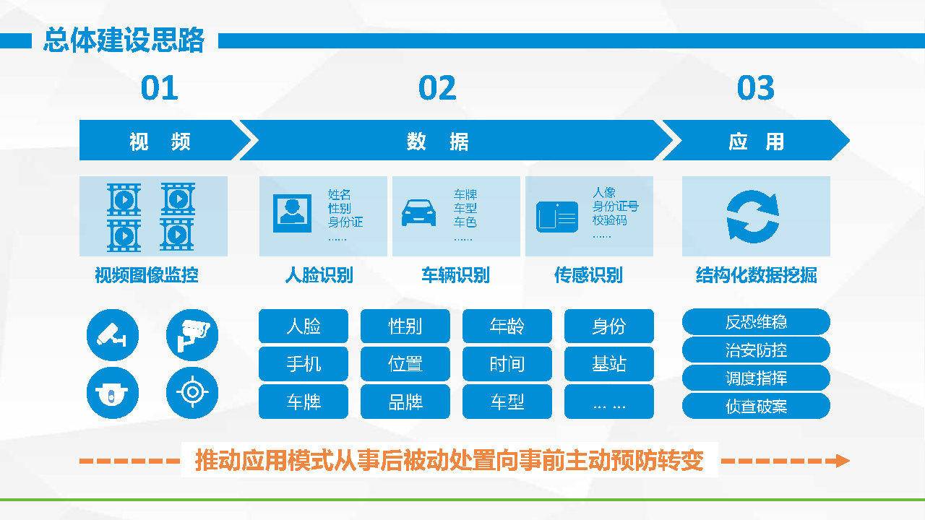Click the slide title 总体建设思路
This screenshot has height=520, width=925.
(x=124, y=40)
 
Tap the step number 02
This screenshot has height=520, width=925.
(x=437, y=88)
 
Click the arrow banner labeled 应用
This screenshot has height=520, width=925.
(x=756, y=140)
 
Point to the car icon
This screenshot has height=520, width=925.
(x=418, y=213)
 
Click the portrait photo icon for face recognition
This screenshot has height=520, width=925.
(x=293, y=213)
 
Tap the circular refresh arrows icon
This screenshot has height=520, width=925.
(x=753, y=216)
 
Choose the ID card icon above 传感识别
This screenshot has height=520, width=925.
(x=557, y=217)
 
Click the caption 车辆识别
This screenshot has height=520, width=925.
(x=455, y=275)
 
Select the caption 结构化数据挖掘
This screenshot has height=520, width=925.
(x=756, y=275)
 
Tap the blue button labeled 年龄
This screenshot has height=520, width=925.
(x=507, y=326)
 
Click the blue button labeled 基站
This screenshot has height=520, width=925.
(x=609, y=364)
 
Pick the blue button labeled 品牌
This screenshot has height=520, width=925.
(x=405, y=402)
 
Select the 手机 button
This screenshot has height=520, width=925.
(x=304, y=364)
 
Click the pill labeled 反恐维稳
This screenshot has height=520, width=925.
(x=756, y=321)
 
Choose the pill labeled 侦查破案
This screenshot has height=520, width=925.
(x=756, y=406)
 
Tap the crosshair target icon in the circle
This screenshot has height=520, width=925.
(x=192, y=392)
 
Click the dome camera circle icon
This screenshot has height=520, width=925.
(x=113, y=392)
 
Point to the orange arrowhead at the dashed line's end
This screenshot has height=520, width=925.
(x=840, y=461)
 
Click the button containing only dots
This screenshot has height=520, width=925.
(x=609, y=402)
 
